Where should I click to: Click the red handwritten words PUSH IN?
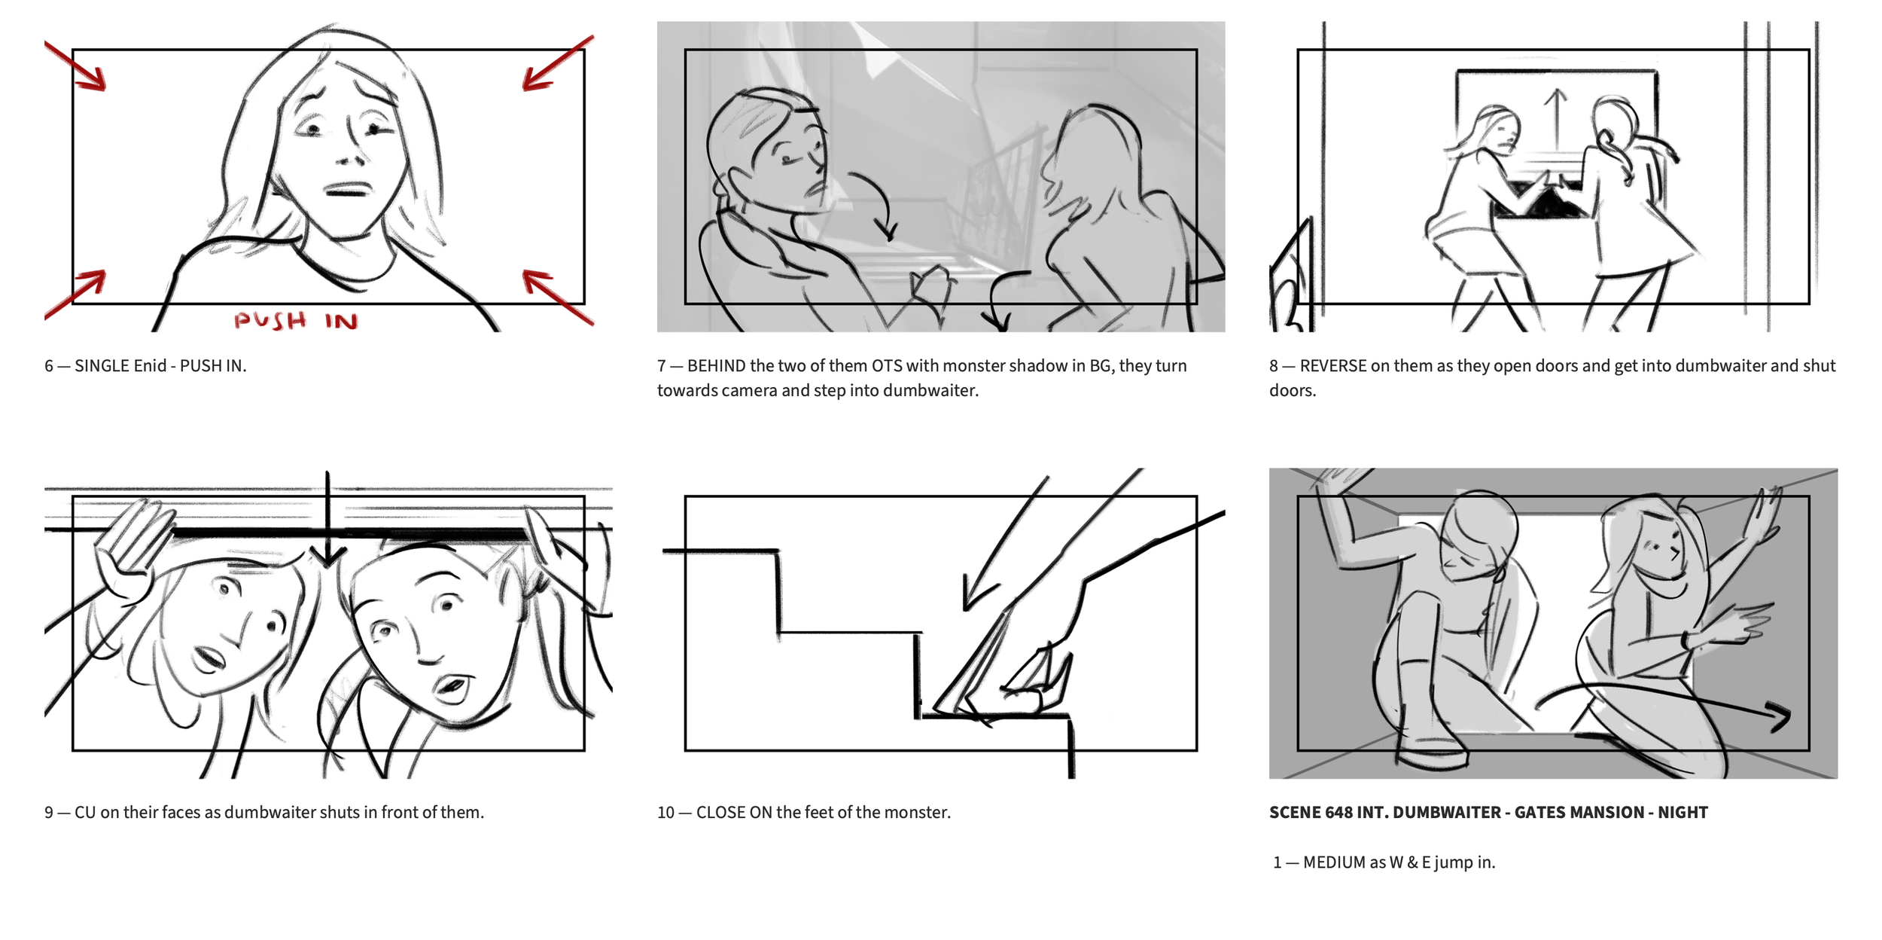[295, 321]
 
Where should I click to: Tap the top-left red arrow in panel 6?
[75, 66]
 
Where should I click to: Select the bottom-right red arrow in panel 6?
[558, 298]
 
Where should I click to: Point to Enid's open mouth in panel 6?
[346, 189]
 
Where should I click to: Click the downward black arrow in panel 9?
[327, 520]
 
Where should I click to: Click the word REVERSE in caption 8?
[1332, 366]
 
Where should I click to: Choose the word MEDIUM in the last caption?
[1333, 862]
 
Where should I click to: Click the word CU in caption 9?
[85, 813]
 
